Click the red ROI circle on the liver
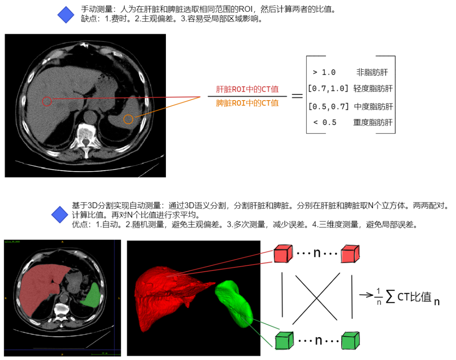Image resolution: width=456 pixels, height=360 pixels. click(47, 101)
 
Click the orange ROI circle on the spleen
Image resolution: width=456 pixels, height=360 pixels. click(128, 119)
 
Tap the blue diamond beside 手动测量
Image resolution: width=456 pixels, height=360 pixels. click(65, 15)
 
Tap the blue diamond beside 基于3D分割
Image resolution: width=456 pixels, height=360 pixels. click(60, 215)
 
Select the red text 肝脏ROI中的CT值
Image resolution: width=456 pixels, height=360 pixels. click(247, 90)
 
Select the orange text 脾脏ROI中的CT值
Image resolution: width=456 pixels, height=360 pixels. click(247, 103)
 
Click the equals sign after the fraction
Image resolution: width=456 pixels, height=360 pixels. click(297, 96)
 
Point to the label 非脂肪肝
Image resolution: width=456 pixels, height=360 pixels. click(372, 72)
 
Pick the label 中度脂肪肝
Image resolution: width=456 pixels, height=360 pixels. click(373, 106)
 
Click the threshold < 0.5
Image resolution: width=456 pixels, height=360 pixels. click(325, 123)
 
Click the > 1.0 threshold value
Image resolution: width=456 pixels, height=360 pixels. click(324, 72)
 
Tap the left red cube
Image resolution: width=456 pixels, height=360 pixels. click(282, 254)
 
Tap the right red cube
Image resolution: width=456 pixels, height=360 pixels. click(351, 254)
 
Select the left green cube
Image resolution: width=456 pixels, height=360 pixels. click(283, 340)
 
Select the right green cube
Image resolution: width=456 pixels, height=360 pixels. click(350, 340)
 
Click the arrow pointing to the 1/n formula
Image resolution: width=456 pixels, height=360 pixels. click(366, 295)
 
